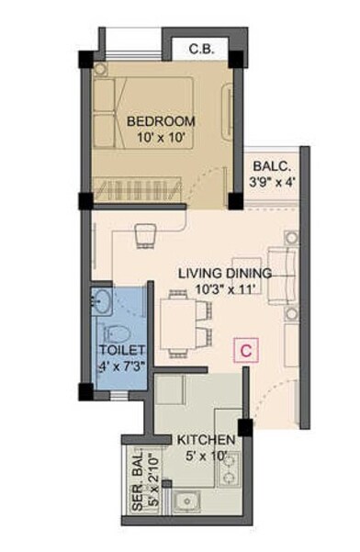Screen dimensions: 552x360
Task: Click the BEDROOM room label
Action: pos(161,121)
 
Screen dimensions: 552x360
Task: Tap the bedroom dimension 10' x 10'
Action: pos(161,139)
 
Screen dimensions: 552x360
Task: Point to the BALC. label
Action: pos(272,166)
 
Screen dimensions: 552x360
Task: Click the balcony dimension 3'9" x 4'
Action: pos(272,182)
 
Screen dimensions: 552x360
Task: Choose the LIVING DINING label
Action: pos(224,274)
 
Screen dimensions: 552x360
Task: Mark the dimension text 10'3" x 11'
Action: pos(224,289)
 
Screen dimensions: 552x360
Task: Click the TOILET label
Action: pos(122,351)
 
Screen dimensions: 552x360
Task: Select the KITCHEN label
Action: pos(206,441)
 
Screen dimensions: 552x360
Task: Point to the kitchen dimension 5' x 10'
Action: pos(206,456)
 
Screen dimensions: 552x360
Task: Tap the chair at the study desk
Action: pos(145,237)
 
